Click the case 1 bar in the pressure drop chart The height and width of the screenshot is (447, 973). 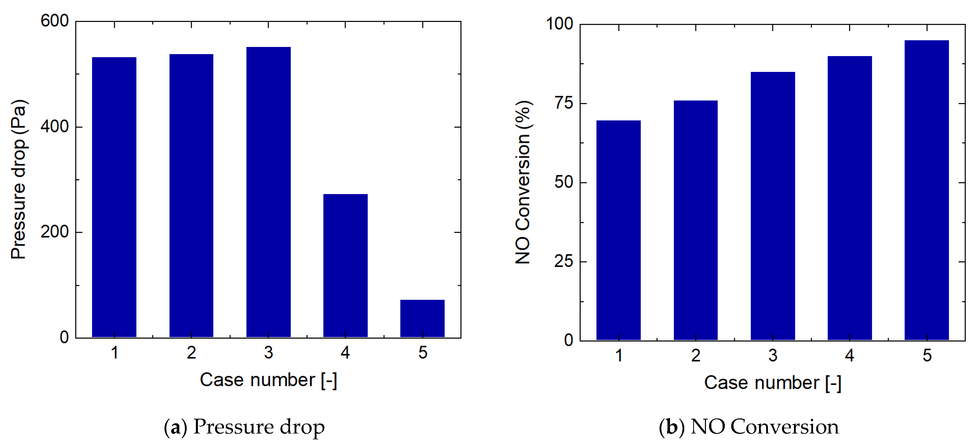click(114, 197)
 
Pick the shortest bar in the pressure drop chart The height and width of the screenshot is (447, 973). click(422, 318)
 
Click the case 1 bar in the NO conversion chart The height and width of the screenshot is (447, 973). click(618, 230)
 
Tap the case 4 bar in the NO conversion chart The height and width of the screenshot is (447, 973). click(850, 198)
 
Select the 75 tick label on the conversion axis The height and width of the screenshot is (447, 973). click(564, 103)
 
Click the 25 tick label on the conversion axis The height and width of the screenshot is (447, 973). click(564, 261)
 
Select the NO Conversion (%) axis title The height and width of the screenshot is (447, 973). click(523, 182)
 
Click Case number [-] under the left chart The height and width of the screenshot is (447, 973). click(268, 380)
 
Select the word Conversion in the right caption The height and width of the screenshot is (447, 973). click(785, 427)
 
